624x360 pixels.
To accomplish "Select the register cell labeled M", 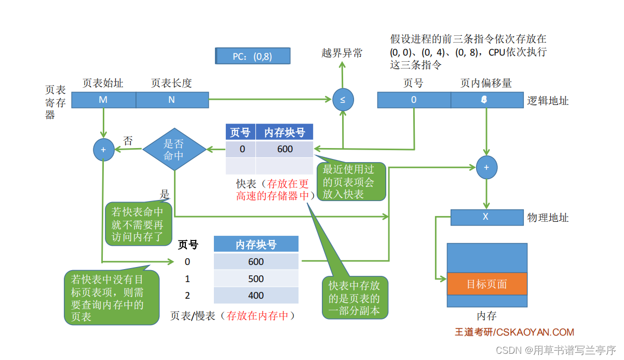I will pos(103,100).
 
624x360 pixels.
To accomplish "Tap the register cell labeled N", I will pos(172,100).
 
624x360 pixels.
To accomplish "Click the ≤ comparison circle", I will pos(343,100).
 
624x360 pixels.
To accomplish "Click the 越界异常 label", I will pos(342,53).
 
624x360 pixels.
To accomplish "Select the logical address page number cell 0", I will pos(414,100).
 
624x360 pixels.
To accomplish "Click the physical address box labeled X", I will pos(486,217).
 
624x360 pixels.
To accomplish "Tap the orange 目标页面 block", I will pos(487,284).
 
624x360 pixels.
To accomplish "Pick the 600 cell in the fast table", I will pos(284,149).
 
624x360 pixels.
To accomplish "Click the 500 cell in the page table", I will pos(256,278).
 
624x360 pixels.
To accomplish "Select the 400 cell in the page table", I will pos(256,296).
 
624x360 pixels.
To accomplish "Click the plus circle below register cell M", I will pos(103,150).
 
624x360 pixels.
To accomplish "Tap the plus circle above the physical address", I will pos(486,167).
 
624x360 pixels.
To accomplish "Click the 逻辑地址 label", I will pos(548,101).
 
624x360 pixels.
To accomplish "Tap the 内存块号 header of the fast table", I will pos(284,132).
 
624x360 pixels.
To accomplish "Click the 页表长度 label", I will pos(171,83).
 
